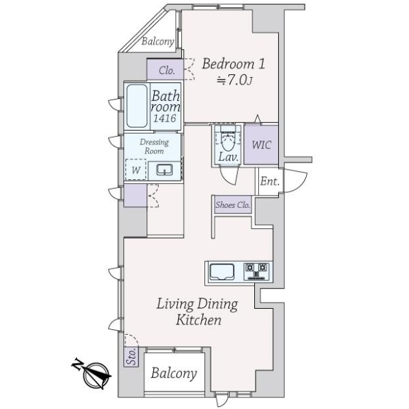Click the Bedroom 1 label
pos(232,64)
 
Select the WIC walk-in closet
pos(261,145)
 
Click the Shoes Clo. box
pos(232,204)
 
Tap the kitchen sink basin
pos(223,272)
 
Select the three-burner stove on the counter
pos(258,271)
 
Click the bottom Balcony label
pos(174,373)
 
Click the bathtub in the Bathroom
pos(137,106)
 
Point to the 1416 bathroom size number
pos(165,119)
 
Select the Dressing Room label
pos(153,146)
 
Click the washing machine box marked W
pos(135,170)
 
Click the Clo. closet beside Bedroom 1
pos(166,70)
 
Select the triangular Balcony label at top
pos(157,41)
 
